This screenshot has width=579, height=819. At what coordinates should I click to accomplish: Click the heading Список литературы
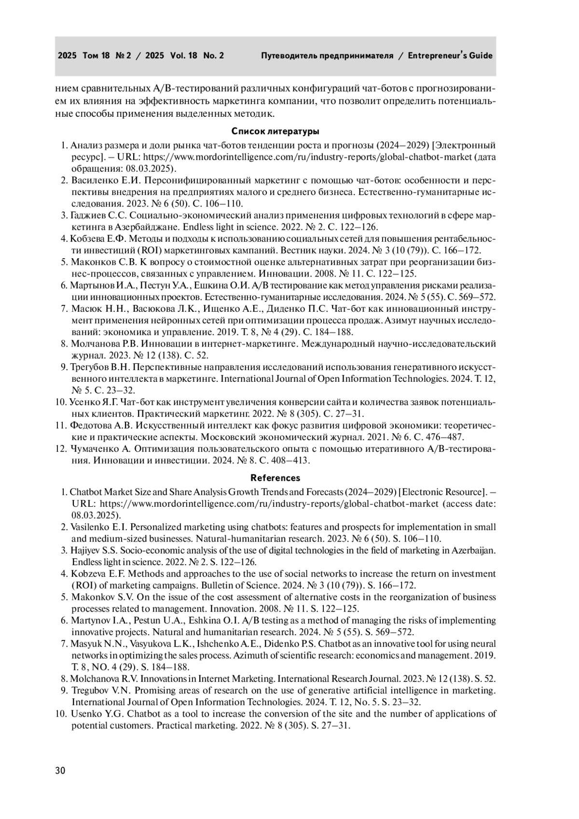pos(275,131)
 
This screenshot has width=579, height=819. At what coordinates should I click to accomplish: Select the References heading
pos(275,478)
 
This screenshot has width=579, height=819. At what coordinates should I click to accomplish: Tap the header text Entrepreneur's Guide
pos(450,56)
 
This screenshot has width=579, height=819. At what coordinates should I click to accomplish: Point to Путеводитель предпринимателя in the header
pos(327,56)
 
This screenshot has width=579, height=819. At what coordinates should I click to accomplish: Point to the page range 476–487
pos(447,437)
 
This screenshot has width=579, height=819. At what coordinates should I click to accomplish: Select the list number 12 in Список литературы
pos(61,449)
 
